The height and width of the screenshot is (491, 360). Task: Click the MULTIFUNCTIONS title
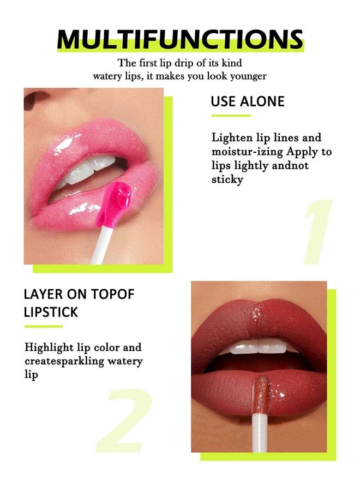(180, 39)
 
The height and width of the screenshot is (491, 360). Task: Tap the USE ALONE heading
(248, 101)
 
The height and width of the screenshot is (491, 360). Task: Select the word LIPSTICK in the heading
(51, 312)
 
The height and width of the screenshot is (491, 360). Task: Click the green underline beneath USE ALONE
(231, 116)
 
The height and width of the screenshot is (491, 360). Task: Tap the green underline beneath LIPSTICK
(43, 326)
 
